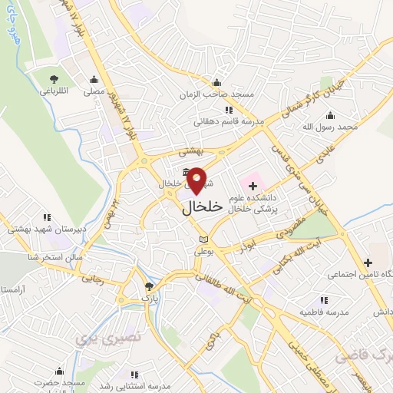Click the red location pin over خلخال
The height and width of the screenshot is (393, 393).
[197, 180]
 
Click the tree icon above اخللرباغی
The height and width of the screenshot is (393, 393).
[54, 78]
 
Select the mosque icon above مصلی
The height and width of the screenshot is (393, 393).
[94, 78]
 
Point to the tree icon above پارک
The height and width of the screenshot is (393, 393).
[148, 286]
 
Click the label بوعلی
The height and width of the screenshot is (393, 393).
[202, 250]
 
